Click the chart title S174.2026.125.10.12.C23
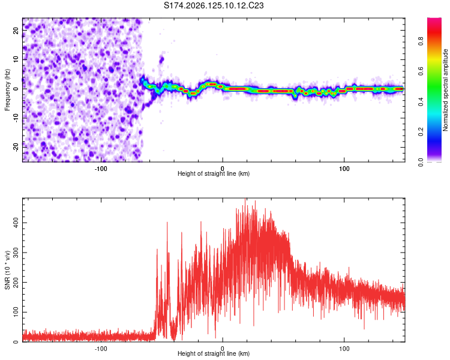pos(214,5)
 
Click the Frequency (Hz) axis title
pos(7,90)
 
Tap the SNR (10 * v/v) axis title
pos(7,270)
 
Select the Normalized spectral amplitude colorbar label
pos(445,90)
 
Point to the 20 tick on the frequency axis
pos(16,30)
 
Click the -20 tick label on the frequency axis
pos(16,147)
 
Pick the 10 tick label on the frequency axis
pos(16,59)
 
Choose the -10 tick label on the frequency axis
pos(16,118)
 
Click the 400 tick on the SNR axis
pos(16,223)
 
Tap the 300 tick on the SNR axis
pos(16,253)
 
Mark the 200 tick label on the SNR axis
pos(16,282)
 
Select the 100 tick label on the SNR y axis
pos(16,312)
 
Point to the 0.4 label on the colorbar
pos(421,101)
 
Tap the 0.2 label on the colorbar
pos(421,132)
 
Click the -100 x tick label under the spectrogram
pos(101,169)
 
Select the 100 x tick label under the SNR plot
pos(344,349)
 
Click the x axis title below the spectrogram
pos(214,173)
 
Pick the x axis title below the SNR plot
pos(214,353)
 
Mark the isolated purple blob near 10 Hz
pos(161,60)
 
